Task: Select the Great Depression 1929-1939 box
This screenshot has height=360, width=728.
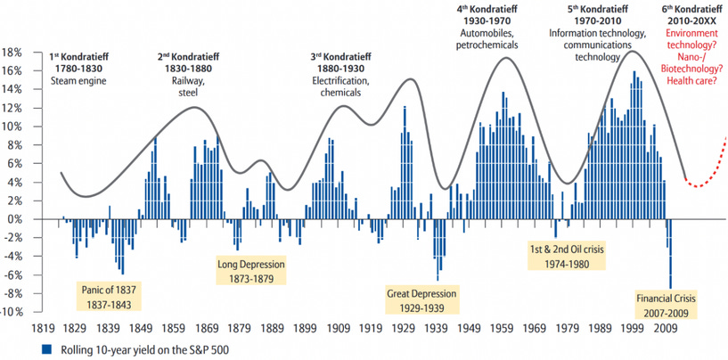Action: (x=421, y=299)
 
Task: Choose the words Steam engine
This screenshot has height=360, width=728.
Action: (x=78, y=82)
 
